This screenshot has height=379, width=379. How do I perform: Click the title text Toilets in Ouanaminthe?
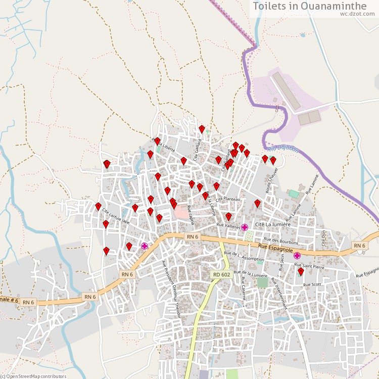[x=310, y=6]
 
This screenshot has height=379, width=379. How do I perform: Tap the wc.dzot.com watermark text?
[x=358, y=14]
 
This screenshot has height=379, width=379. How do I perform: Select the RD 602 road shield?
[x=221, y=274]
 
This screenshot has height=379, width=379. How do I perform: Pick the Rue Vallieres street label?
[x=228, y=227]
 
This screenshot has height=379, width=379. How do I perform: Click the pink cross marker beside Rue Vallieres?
[x=245, y=227]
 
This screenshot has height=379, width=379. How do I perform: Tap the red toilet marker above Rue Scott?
[x=301, y=272]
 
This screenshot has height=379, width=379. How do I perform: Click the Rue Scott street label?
[x=312, y=285]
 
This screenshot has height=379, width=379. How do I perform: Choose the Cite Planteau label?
[x=228, y=200]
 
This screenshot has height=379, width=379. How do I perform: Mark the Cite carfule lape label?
[x=116, y=216]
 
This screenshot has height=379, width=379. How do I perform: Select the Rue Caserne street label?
[x=243, y=289]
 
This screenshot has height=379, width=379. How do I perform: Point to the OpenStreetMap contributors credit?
[x=33, y=376]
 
